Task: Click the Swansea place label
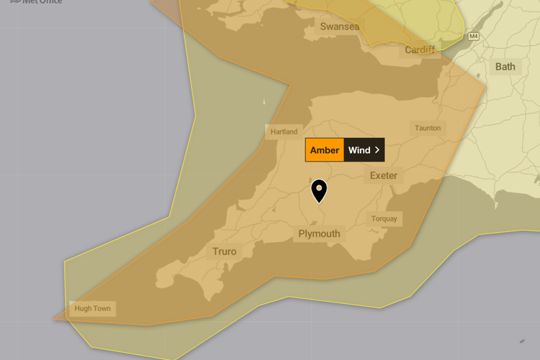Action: point(340,27)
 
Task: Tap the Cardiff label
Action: point(419,50)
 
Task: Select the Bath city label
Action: point(505,67)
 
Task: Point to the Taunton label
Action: point(427,128)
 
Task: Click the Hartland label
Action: point(284,131)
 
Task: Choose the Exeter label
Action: point(383,175)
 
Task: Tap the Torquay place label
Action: point(384,218)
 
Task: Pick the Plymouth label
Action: point(319,234)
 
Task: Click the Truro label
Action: point(224,251)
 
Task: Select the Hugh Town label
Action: point(93,308)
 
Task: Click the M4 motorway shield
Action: point(473,36)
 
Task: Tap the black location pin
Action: point(319,190)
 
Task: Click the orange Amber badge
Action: point(325,150)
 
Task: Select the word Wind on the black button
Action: point(359,150)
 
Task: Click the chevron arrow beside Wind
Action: point(377,150)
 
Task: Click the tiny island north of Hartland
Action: point(264,103)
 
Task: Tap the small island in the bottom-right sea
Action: point(523,341)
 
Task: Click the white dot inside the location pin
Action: point(319,188)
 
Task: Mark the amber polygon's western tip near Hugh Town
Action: point(54,319)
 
